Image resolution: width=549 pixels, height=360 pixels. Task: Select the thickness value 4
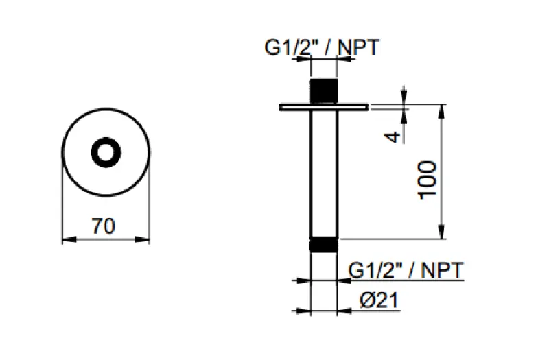[x=393, y=136]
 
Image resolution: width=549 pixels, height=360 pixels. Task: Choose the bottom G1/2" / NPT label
[x=406, y=270]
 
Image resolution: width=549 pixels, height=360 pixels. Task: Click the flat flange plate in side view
[x=323, y=107]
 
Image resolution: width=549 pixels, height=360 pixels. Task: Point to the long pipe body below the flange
[x=323, y=171]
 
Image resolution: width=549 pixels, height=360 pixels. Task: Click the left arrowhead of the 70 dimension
[x=67, y=239]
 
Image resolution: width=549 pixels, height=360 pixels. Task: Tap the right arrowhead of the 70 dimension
[x=145, y=239]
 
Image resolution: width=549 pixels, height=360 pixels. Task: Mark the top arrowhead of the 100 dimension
[x=443, y=109]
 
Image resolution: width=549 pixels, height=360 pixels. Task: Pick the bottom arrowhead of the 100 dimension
[x=443, y=235]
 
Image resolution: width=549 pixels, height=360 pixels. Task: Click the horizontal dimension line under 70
[x=106, y=239]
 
